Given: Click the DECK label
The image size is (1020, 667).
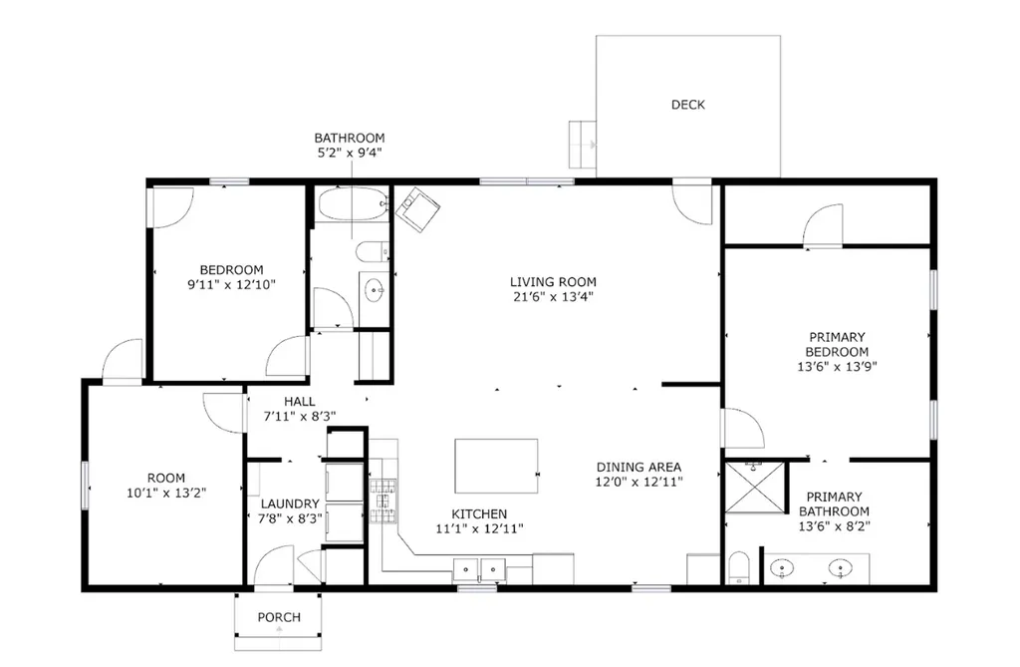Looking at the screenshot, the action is pyautogui.click(x=687, y=105).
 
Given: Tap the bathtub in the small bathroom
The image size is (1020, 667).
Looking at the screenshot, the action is pyautogui.click(x=352, y=203).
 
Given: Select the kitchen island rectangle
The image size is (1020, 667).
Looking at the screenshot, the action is pyautogui.click(x=496, y=466).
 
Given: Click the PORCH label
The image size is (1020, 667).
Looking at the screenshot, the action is pyautogui.click(x=279, y=617).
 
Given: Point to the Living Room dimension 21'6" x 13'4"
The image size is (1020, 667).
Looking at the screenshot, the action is pyautogui.click(x=553, y=297).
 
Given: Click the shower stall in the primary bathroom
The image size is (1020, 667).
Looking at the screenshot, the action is pyautogui.click(x=755, y=487).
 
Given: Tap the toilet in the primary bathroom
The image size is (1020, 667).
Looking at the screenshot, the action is pyautogui.click(x=739, y=567).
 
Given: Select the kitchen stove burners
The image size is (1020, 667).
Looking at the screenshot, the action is pyautogui.click(x=382, y=500).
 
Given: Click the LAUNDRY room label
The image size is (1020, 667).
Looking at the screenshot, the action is pyautogui.click(x=290, y=503).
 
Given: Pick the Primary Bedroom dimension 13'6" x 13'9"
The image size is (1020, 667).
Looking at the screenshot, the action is pyautogui.click(x=837, y=366).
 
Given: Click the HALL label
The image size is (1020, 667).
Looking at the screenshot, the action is pyautogui.click(x=299, y=401).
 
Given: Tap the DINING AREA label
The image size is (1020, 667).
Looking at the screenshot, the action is pyautogui.click(x=638, y=467).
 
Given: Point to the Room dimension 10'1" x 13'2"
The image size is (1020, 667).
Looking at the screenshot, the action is pyautogui.click(x=166, y=493).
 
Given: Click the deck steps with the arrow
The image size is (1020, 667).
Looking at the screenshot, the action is pyautogui.click(x=582, y=144).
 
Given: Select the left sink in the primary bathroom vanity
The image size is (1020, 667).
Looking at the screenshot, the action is pyautogui.click(x=782, y=568).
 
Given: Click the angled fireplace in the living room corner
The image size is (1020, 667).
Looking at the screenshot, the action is pyautogui.click(x=417, y=208).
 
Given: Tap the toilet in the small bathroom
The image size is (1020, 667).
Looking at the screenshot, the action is pyautogui.click(x=373, y=251).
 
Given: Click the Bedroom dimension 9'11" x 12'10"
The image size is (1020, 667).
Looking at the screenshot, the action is pyautogui.click(x=231, y=285).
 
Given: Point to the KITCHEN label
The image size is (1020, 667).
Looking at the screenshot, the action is pyautogui.click(x=479, y=513).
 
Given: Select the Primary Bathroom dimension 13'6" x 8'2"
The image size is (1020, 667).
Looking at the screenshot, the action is pyautogui.click(x=835, y=526).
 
